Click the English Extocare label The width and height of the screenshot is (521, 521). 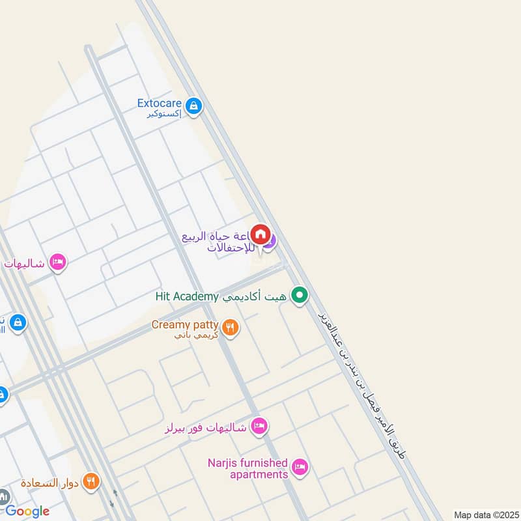[x=159, y=103]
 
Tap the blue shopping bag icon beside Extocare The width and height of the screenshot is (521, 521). [x=193, y=106]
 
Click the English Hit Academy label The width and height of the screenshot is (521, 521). [x=186, y=296]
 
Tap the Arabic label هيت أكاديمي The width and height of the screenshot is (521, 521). [x=255, y=296]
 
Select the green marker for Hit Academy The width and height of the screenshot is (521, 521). [x=299, y=296]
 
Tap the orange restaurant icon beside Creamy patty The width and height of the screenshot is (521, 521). [x=229, y=328]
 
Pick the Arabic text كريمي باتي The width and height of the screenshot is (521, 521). [x=198, y=335]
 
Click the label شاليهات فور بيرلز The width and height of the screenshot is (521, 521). [x=206, y=427]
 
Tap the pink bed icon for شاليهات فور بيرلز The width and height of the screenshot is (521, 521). [x=259, y=427]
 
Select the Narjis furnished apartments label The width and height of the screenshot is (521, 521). [x=247, y=468]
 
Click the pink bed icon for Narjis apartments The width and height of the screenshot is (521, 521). [x=300, y=467]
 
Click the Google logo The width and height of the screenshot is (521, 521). [x=27, y=511]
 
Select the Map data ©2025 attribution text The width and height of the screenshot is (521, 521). [x=486, y=514]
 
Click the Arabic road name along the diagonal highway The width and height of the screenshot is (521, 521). [x=361, y=384]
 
